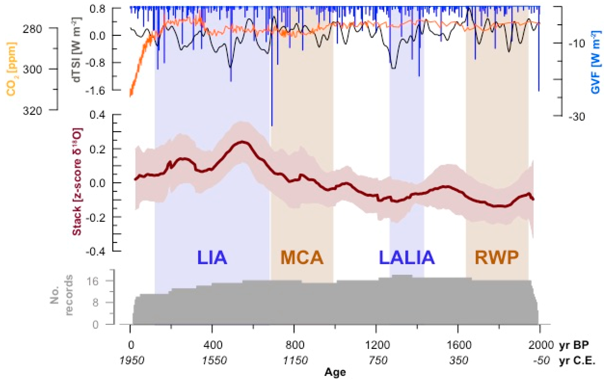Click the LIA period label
[212, 258]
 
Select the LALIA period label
[406, 258]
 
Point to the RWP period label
[497, 258]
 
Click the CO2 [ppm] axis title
[11, 69]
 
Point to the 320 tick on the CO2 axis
[32, 111]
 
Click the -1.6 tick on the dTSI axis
[95, 90]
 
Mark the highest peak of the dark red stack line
[242, 142]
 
